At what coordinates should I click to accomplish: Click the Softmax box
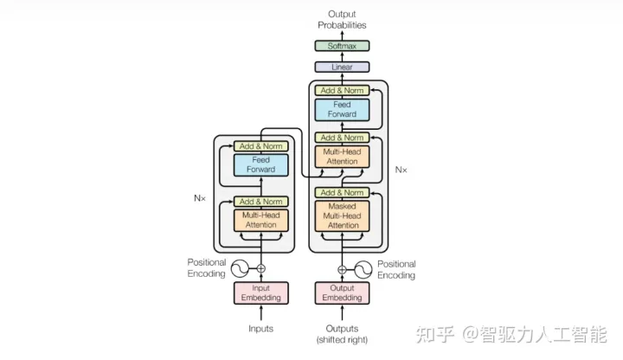[x=342, y=46]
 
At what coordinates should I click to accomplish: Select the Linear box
[x=342, y=67]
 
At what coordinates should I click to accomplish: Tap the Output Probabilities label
[x=342, y=20]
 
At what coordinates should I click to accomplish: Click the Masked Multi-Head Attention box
[x=342, y=215]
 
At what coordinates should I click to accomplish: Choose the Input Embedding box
[x=260, y=293]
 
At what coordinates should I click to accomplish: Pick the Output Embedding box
[x=342, y=293]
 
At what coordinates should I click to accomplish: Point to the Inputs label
[x=260, y=329]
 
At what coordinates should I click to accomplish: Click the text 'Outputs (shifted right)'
[x=342, y=333]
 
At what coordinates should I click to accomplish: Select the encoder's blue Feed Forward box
[x=260, y=164]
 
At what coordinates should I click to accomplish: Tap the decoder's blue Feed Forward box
[x=342, y=109]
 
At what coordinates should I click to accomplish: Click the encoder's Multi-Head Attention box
[x=260, y=220]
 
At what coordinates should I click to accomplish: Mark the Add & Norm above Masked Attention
[x=342, y=192]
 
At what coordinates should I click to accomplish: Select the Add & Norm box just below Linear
[x=342, y=90]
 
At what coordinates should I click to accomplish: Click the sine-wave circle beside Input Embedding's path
[x=237, y=268]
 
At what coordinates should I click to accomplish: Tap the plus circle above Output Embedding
[x=342, y=269]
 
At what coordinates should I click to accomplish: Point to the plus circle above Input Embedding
[x=260, y=268]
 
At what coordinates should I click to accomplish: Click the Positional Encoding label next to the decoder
[x=395, y=269]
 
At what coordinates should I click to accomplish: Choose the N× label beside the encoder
[x=200, y=198]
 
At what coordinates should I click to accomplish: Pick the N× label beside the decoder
[x=401, y=170]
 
